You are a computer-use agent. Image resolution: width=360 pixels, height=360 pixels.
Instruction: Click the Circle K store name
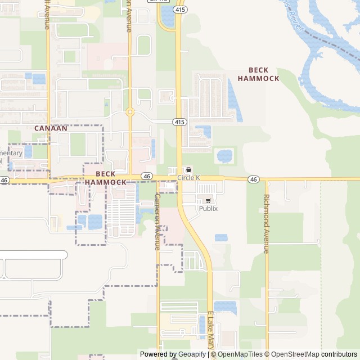[189, 178]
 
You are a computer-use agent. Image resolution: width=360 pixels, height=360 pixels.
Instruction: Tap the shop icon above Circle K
[188, 170]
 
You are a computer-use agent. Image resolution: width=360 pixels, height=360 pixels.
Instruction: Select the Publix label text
[208, 209]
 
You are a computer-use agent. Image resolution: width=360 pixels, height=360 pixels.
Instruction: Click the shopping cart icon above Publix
[208, 200]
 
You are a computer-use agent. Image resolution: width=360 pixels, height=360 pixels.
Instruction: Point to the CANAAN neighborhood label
[51, 128]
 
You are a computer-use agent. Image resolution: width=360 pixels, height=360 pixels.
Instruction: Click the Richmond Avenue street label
[267, 224]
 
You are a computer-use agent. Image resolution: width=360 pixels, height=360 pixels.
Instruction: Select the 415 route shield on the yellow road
[179, 121]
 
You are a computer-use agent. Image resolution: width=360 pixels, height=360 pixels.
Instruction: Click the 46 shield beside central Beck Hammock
[146, 176]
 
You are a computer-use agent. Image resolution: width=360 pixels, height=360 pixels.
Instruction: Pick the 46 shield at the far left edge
[4, 181]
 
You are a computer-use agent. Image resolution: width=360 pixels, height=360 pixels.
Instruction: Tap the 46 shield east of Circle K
[254, 179]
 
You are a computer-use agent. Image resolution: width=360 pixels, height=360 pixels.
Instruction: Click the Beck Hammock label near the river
[258, 74]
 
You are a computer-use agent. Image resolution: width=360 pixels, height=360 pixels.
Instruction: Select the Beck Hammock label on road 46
[106, 178]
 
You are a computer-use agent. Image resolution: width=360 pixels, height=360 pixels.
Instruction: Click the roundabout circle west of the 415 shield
[130, 112]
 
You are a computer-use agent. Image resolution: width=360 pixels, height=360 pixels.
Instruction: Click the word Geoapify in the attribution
[188, 354]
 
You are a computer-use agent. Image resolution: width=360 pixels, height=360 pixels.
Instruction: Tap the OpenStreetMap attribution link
[293, 354]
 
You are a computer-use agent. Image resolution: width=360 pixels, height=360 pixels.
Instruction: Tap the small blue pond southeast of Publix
[221, 237]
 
